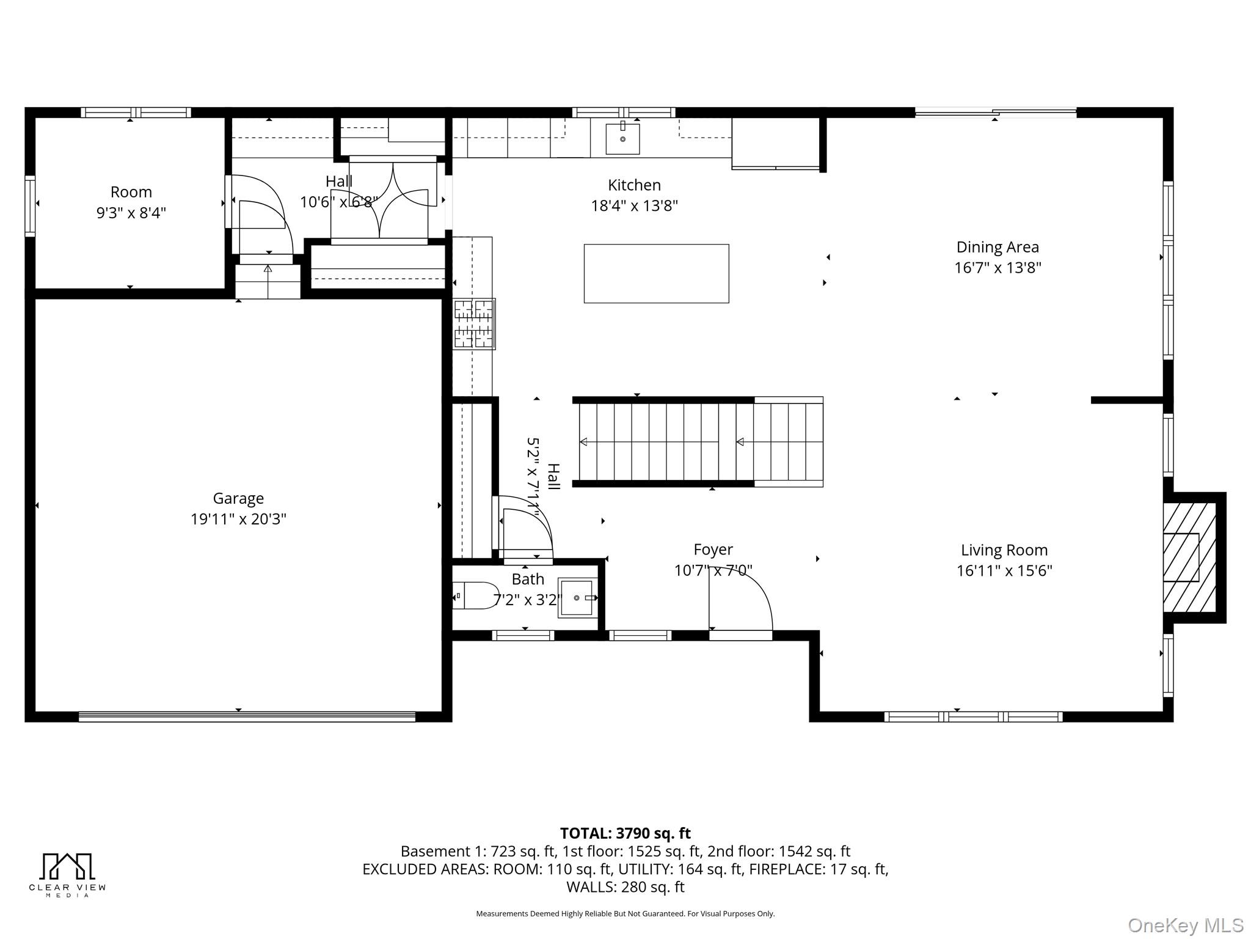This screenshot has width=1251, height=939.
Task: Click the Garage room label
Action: click(238, 498)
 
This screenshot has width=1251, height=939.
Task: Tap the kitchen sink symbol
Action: click(622, 138)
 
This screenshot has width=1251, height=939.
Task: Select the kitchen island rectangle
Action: click(656, 273)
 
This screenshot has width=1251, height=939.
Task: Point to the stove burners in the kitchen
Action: click(474, 324)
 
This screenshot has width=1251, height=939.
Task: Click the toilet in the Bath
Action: click(476, 595)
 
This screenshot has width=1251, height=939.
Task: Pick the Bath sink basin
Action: click(577, 598)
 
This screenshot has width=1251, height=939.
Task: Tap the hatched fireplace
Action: click(1189, 557)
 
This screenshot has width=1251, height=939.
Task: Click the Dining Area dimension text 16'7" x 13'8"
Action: click(998, 268)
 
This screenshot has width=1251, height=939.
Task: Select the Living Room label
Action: click(1004, 550)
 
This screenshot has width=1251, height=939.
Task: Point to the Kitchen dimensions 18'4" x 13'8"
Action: click(634, 205)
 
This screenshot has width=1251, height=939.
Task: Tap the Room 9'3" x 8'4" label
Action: click(131, 202)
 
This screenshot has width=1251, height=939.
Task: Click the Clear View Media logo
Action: click(67, 875)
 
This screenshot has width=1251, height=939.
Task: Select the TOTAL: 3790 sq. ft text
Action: click(625, 833)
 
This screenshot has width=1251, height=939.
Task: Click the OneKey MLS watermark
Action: click(1185, 925)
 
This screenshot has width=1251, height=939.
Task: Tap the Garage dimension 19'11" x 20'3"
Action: click(238, 519)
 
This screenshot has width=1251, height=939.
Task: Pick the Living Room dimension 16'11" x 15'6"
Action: click(1004, 570)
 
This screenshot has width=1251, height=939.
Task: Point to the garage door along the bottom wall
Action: click(247, 716)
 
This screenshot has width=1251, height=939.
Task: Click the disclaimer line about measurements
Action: click(625, 914)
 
